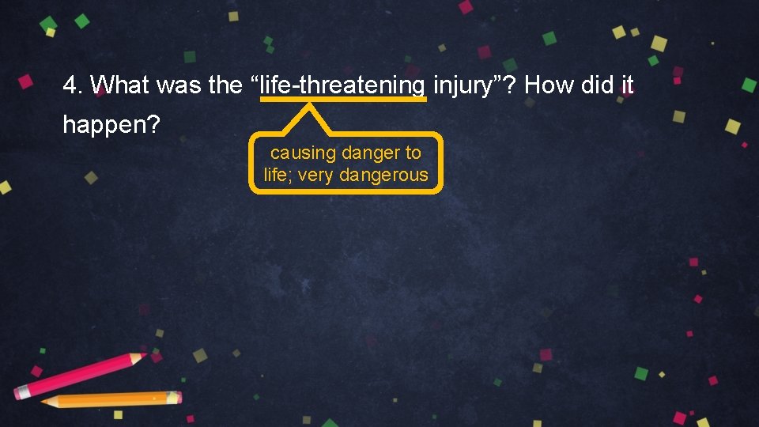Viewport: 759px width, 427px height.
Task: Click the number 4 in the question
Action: point(70,85)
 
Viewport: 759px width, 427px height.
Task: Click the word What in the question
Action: point(121,85)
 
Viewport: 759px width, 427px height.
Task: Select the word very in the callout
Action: point(316,176)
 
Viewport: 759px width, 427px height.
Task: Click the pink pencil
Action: point(79,376)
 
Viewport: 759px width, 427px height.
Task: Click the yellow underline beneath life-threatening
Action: point(343,100)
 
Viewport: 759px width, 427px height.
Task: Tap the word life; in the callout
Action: point(278,176)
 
